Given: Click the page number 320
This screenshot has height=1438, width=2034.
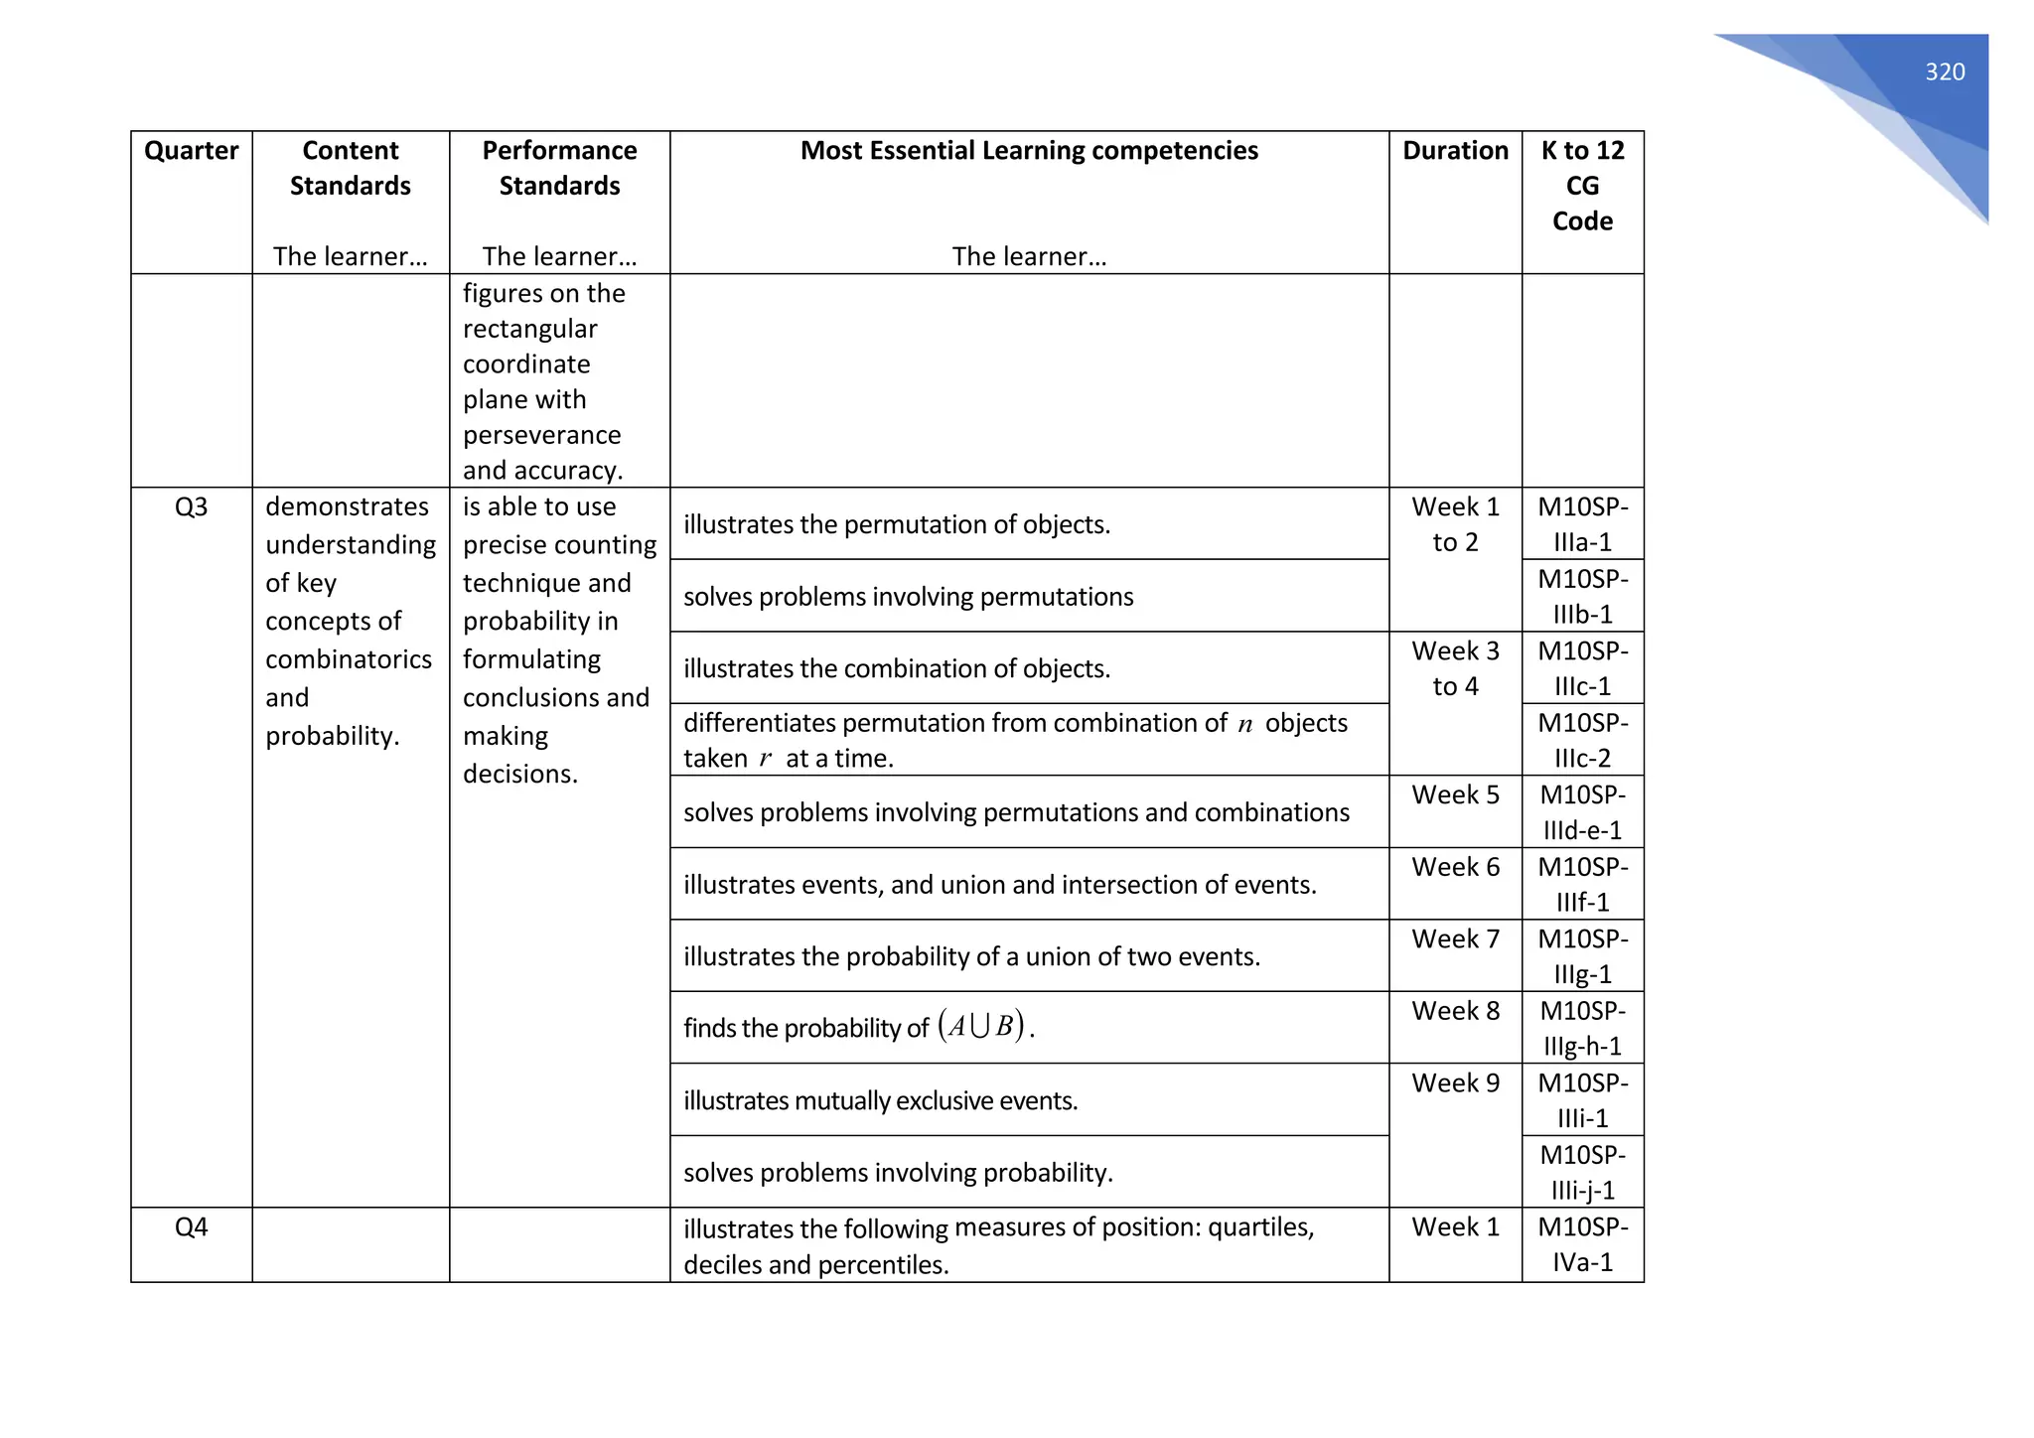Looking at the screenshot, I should pos(1945,72).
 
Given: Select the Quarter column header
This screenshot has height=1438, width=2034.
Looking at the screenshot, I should pos(191,151).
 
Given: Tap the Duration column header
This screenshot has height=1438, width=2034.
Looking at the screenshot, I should pos(1455,151).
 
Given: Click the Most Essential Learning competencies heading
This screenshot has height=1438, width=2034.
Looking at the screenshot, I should pos(1029,151).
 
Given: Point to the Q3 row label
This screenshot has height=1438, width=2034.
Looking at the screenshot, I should pos(191,507).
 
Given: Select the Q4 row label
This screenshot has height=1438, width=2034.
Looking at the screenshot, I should pos(191,1227).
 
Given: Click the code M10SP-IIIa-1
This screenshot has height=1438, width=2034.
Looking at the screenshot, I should pos(1582,524).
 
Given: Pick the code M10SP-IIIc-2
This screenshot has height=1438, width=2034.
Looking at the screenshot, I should pos(1582,740).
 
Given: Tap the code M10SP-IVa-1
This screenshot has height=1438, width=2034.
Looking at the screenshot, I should pos(1582,1244).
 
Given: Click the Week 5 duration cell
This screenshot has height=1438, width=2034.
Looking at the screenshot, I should pos(1455,795).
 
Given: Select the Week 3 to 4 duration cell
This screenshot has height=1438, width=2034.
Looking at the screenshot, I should pos(1455,668).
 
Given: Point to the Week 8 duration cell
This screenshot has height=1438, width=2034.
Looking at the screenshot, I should pos(1455,1011).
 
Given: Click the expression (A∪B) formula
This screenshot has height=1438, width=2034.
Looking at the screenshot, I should pos(981,1026).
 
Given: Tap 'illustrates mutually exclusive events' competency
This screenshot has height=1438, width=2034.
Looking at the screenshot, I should pos(880,1100).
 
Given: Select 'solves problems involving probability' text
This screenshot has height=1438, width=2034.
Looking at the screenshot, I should pos(898,1173).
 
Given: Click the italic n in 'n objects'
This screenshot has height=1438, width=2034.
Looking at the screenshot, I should pos(1245,725).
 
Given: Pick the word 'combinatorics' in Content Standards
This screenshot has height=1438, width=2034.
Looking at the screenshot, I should pos(349,659).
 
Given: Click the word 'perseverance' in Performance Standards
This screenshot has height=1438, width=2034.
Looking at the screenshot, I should pos(541,435).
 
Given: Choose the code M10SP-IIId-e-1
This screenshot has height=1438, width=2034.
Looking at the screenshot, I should pos(1582,812).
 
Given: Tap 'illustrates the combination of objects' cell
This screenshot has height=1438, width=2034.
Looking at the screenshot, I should pos(896,668).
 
